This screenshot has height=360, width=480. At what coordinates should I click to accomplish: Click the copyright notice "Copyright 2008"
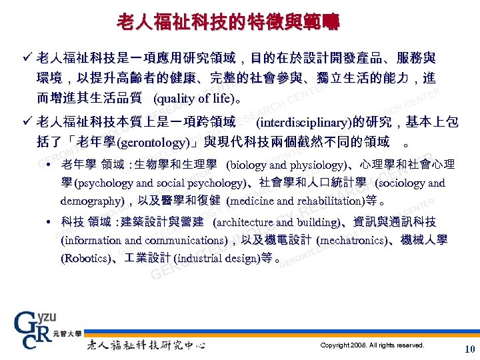click(x=372, y=345)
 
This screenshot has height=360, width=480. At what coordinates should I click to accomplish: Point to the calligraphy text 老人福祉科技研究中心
click(x=145, y=345)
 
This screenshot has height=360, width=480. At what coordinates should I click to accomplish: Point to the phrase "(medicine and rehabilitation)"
click(x=295, y=200)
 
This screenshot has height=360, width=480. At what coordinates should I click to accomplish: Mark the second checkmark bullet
click(x=27, y=123)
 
